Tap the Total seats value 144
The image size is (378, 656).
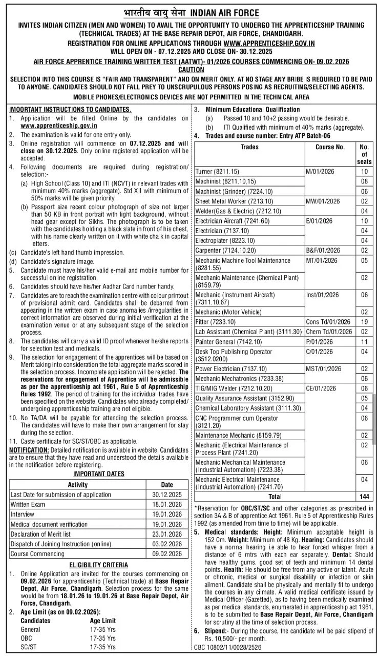(364, 497)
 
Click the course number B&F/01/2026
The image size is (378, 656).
(323, 250)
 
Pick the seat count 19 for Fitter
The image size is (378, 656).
(364, 321)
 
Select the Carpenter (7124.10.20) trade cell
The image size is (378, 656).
(225, 250)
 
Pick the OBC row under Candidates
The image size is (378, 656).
(26, 638)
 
